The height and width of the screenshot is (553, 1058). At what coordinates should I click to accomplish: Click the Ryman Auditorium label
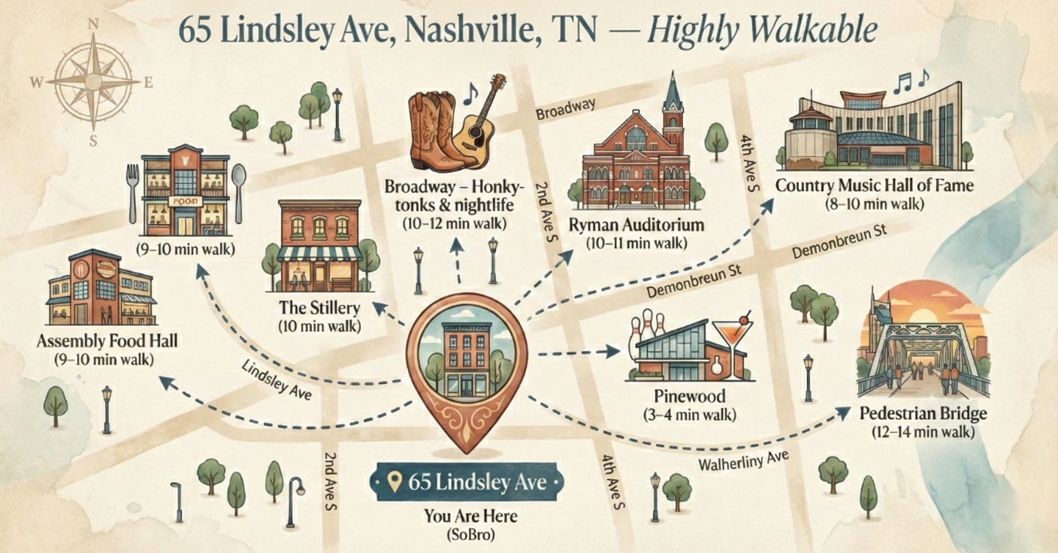(636, 225)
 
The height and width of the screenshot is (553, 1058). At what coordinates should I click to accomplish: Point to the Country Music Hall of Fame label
(874, 185)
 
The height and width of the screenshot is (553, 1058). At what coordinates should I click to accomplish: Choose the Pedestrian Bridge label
(923, 414)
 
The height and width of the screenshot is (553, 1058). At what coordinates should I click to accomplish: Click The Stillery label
(319, 308)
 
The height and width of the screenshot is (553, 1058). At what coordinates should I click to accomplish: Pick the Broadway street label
(565, 107)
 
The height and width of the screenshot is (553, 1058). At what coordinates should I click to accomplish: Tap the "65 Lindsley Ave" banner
(470, 482)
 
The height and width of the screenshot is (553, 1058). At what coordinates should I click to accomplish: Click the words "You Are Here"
(470, 518)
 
